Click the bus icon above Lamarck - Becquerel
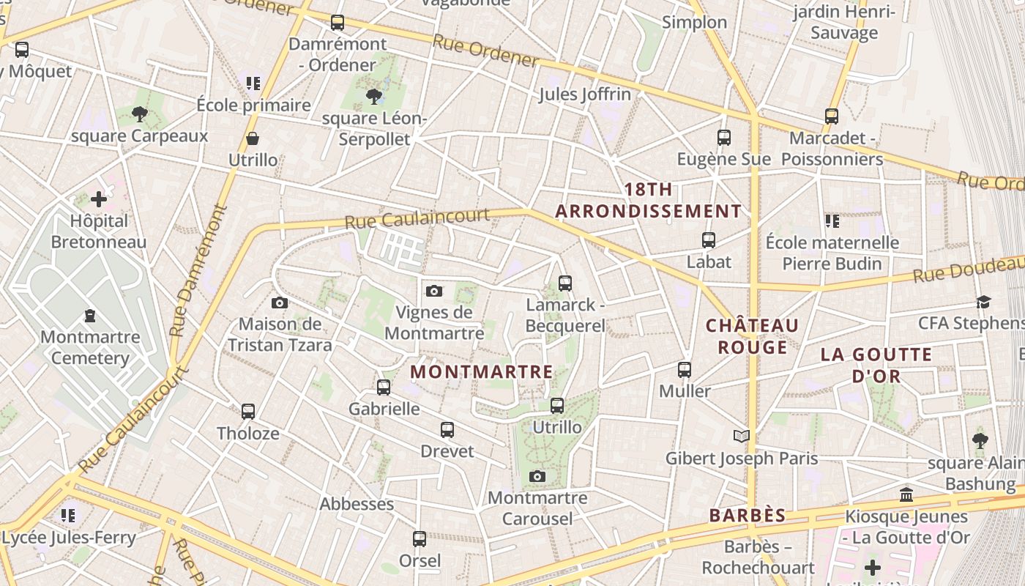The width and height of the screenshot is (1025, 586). click(564, 283)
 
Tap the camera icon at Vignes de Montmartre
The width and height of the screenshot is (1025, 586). click(433, 291)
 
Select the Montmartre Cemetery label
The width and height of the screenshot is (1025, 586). click(90, 347)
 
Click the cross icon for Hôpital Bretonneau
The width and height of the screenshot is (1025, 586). click(99, 199)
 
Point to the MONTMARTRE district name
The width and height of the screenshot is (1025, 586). click(481, 371)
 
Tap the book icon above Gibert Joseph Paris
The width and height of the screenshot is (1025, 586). click(742, 437)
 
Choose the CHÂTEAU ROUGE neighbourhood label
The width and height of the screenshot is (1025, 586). click(752, 335)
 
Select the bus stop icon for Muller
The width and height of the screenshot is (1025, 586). click(684, 369)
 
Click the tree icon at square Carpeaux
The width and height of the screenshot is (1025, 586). click(140, 114)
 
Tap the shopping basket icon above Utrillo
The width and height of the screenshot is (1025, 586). click(253, 138)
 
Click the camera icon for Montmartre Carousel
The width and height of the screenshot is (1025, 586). click(537, 477)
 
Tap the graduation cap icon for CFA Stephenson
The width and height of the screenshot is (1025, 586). click(983, 302)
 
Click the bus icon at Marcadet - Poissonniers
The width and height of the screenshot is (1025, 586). click(831, 116)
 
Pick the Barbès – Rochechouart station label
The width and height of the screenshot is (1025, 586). click(758, 557)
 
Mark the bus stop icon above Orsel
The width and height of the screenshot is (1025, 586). click(420, 539)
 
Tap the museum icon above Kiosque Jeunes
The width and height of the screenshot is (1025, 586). click(906, 494)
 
